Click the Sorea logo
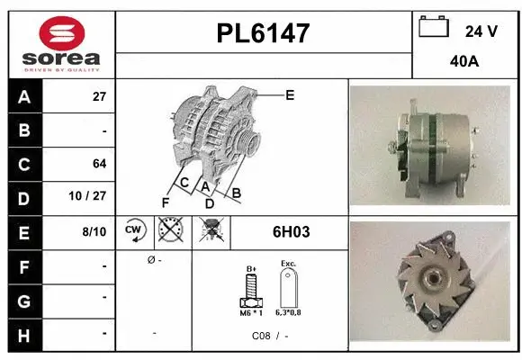(x=61, y=44)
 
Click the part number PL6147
(x=263, y=33)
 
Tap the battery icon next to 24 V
(x=435, y=28)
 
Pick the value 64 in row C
(x=99, y=164)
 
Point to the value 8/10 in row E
(x=94, y=231)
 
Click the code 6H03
(x=291, y=232)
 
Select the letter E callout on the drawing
(x=290, y=94)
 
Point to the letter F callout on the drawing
(x=165, y=202)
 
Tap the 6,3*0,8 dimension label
(x=289, y=312)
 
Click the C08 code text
(x=261, y=335)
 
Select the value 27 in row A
(x=99, y=96)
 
